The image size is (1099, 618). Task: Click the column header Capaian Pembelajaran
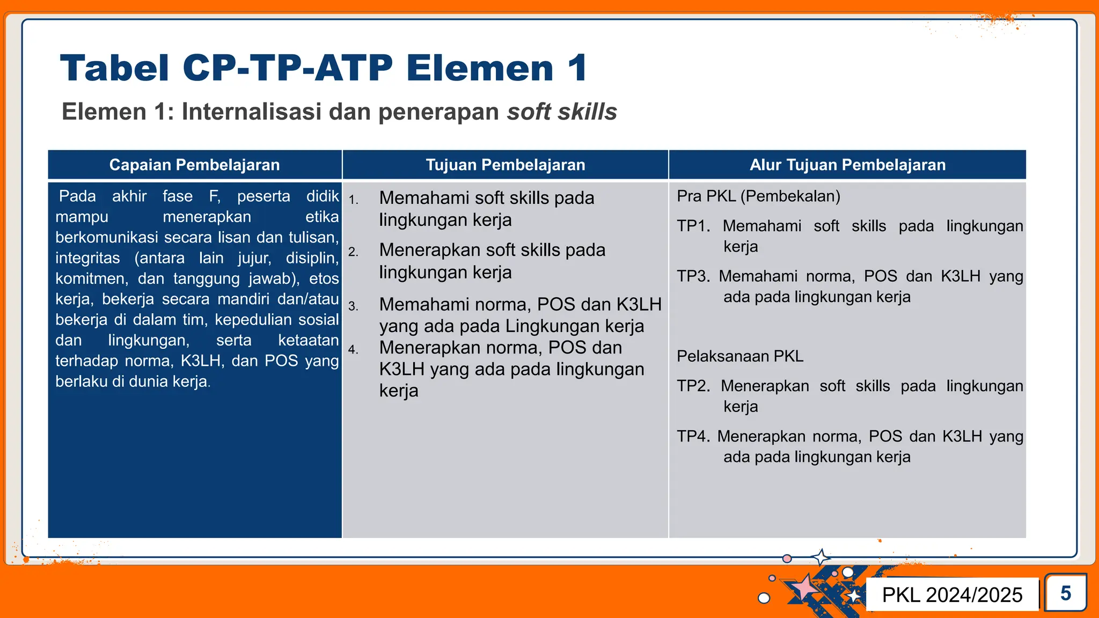click(x=194, y=165)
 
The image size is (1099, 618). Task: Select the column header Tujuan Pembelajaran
click(x=505, y=165)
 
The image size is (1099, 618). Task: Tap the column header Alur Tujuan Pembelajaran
click(x=847, y=165)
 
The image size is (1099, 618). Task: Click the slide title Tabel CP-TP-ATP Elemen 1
click(x=324, y=68)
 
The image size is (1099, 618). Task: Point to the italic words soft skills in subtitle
click(x=561, y=112)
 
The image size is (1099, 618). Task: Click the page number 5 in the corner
click(x=1065, y=593)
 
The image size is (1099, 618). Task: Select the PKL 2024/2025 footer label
click(x=952, y=594)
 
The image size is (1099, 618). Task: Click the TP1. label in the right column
click(x=693, y=226)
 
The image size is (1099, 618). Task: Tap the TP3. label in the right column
click(x=693, y=276)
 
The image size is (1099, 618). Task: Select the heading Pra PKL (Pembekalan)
click(x=758, y=196)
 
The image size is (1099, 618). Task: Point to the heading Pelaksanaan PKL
click(x=739, y=356)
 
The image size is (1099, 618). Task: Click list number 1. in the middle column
click(x=353, y=200)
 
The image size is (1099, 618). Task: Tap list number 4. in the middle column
click(x=353, y=350)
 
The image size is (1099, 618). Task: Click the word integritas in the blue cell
click(x=87, y=258)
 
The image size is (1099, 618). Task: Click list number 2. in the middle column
click(x=353, y=252)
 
